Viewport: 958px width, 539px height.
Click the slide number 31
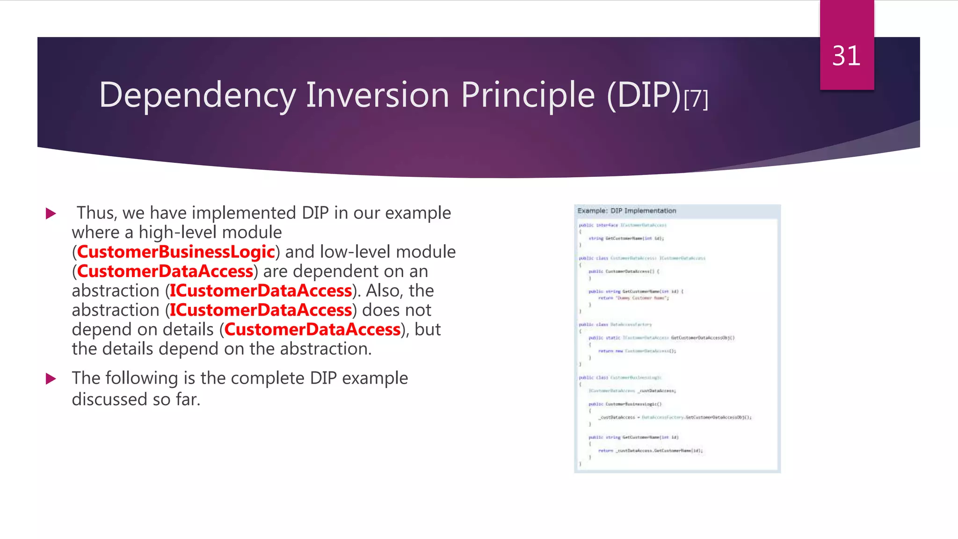tap(846, 56)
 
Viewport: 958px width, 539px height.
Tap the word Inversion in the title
tap(377, 95)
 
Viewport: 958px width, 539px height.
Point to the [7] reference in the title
tap(696, 99)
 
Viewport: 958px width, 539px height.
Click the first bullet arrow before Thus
tap(51, 214)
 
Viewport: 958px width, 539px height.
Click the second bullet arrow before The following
tap(51, 379)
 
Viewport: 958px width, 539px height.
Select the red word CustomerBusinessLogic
tap(176, 252)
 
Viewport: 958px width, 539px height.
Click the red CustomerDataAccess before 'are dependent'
tap(165, 271)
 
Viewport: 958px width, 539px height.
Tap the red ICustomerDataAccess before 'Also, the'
tap(261, 291)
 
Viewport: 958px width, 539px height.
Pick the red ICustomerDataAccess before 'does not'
tap(261, 310)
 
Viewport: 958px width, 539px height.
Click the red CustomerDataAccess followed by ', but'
tap(312, 330)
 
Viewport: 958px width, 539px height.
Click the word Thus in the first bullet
tap(96, 213)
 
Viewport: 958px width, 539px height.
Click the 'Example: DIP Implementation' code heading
tap(627, 211)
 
